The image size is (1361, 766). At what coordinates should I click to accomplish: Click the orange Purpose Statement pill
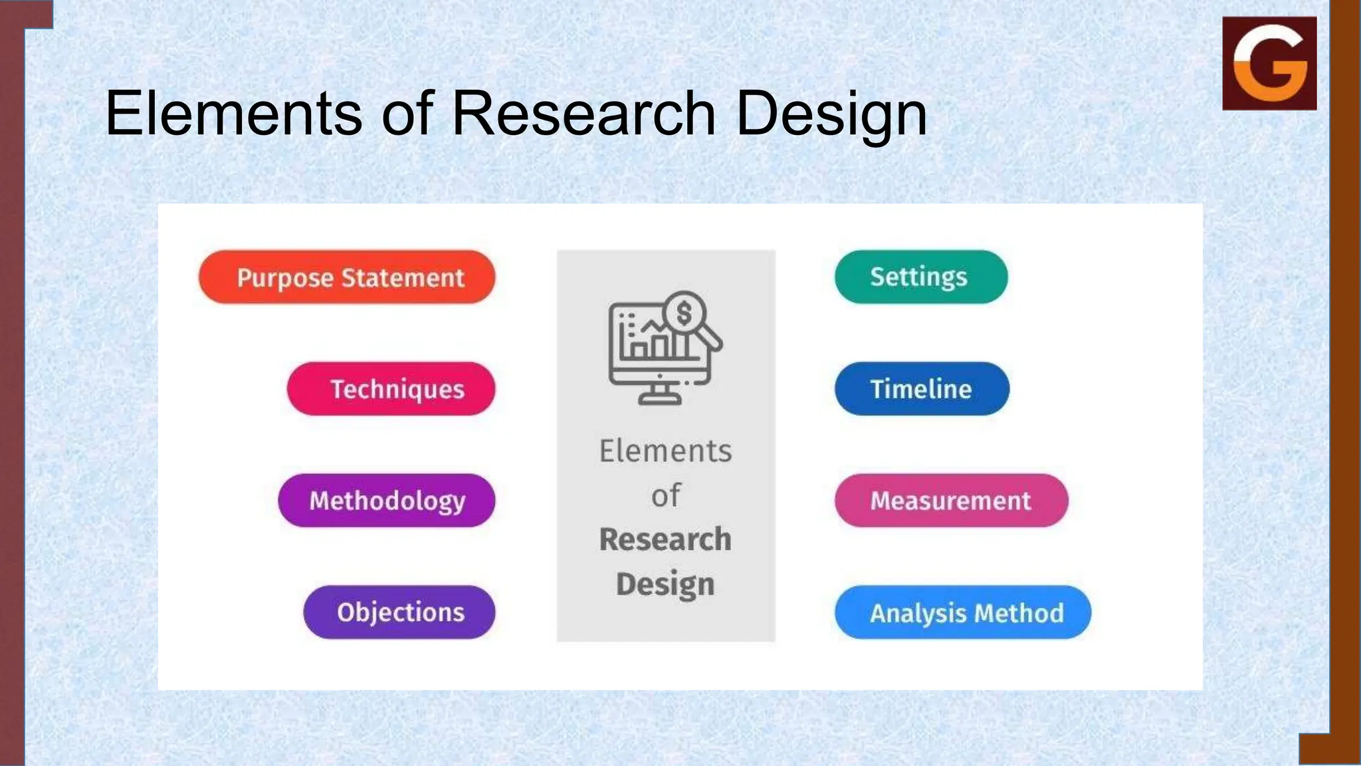coord(347,277)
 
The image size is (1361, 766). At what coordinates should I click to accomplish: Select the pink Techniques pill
coord(391,389)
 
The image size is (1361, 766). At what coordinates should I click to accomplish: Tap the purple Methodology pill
coord(386,501)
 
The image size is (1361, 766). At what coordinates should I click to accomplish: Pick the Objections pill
coord(399,612)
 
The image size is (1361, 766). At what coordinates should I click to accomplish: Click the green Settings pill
coord(920,277)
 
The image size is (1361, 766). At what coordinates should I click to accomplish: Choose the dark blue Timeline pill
coord(922,389)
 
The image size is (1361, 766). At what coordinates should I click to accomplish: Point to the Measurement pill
coord(951,501)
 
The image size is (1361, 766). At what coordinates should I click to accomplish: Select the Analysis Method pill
coord(962,612)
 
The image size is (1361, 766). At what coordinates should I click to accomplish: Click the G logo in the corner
coord(1269,63)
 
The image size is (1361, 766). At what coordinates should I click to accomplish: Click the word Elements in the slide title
coord(233,114)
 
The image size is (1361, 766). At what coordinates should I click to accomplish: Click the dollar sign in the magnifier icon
coord(684,313)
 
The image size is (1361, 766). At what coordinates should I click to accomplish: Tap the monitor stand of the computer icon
coord(659,396)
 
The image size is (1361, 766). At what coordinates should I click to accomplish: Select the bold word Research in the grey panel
coord(665,539)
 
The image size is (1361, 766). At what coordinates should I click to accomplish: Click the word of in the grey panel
coord(665,495)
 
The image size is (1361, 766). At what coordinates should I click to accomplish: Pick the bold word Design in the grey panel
coord(665,584)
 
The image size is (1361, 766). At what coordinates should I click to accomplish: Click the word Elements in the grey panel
coord(665,451)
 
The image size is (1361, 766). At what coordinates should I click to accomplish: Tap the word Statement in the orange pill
coord(402,277)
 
